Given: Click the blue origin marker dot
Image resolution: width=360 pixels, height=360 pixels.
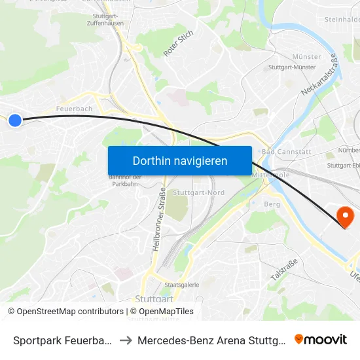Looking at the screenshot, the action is click(x=14, y=120).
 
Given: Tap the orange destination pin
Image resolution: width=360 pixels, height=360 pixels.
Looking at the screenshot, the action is click(x=344, y=215).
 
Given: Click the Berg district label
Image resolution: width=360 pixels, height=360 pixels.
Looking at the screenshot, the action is click(x=271, y=204).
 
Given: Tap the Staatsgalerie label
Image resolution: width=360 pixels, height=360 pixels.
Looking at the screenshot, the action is click(x=181, y=285).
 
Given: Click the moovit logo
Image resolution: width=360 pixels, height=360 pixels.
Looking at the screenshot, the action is click(x=321, y=339).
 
